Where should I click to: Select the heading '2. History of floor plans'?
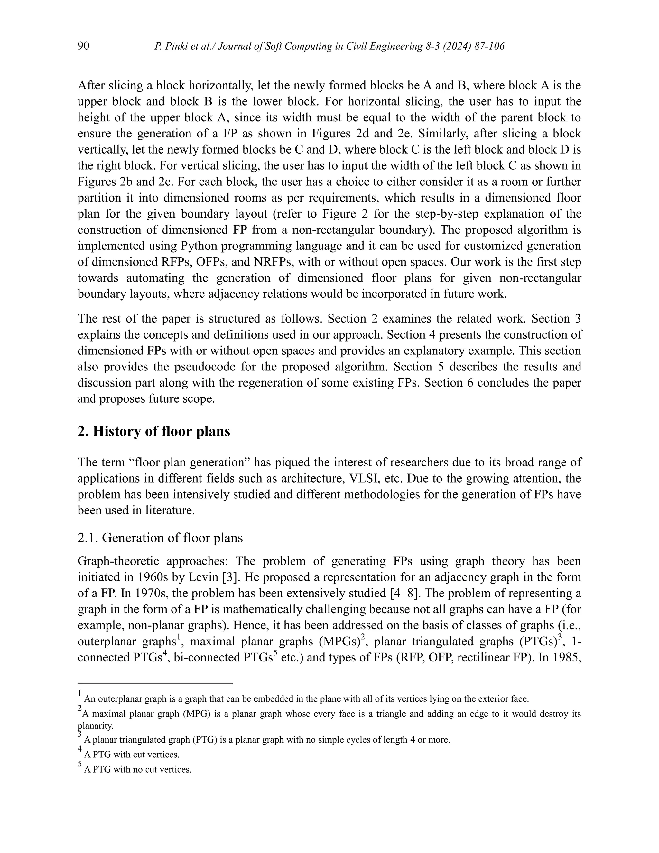point(154,431)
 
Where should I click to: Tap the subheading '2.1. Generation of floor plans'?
point(160,538)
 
